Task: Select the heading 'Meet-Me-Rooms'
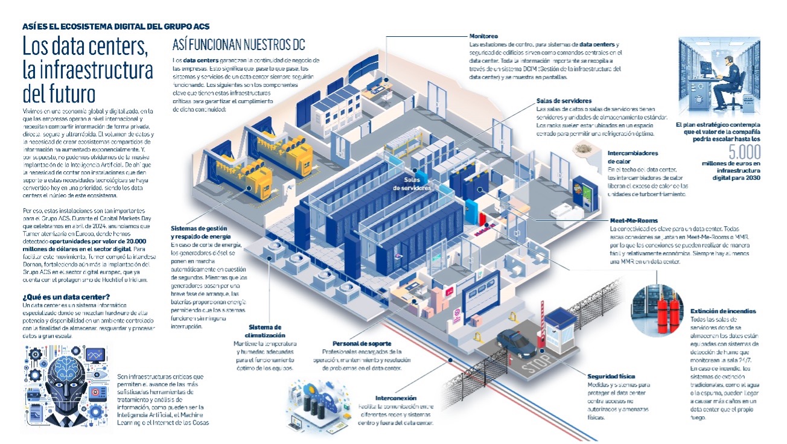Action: pyautogui.click(x=634, y=221)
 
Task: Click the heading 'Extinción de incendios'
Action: pyautogui.click(x=723, y=311)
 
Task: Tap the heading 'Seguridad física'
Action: pyautogui.click(x=611, y=377)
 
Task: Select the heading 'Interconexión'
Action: pyautogui.click(x=396, y=398)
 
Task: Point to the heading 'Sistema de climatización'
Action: pyautogui.click(x=266, y=331)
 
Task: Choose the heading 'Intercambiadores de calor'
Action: pyautogui.click(x=632, y=157)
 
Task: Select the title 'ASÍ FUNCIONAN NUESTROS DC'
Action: pyautogui.click(x=238, y=45)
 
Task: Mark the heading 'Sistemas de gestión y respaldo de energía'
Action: pyautogui.click(x=200, y=233)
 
